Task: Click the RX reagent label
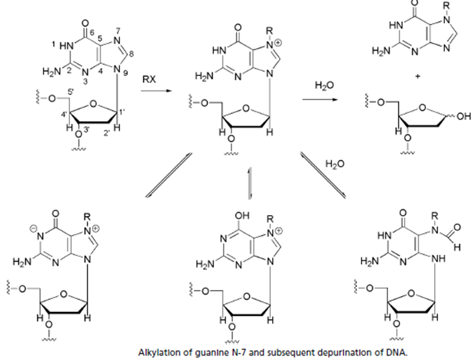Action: click(148, 80)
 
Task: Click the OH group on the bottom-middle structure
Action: click(243, 214)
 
